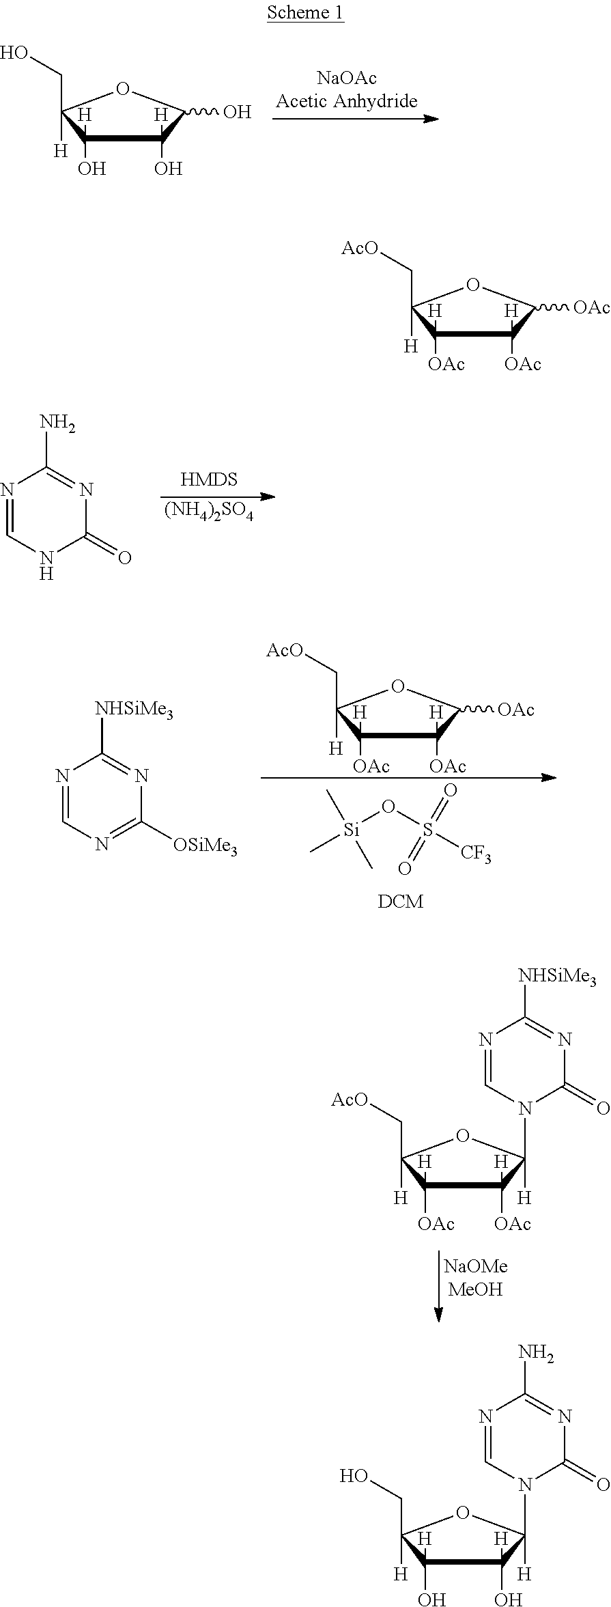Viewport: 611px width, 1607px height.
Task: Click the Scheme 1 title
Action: pyautogui.click(x=305, y=12)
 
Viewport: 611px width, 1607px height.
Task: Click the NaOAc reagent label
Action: pyautogui.click(x=347, y=78)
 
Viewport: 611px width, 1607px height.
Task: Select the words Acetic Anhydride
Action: pyautogui.click(x=347, y=101)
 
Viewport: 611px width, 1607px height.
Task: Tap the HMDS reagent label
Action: pyautogui.click(x=209, y=479)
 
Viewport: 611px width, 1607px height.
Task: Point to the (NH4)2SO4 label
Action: pyautogui.click(x=209, y=512)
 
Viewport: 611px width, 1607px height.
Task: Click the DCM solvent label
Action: pyautogui.click(x=401, y=902)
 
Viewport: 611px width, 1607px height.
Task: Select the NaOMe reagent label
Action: pyautogui.click(x=476, y=1266)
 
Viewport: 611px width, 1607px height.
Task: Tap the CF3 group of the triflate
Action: pyautogui.click(x=476, y=854)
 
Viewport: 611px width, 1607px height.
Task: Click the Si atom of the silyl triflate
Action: pyautogui.click(x=351, y=830)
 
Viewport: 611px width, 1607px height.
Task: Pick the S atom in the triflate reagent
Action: pyautogui.click(x=427, y=830)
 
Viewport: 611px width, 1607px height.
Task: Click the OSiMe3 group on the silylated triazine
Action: pyautogui.click(x=205, y=846)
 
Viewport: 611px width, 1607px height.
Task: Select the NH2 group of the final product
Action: pyautogui.click(x=536, y=1352)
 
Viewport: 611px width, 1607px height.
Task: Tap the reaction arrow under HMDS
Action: pyautogui.click(x=218, y=496)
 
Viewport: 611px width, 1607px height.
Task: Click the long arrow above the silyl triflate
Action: pyautogui.click(x=408, y=777)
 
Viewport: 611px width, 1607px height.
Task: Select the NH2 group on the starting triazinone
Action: pyautogui.click(x=57, y=423)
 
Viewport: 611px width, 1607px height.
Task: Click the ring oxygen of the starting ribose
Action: pyautogui.click(x=123, y=88)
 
